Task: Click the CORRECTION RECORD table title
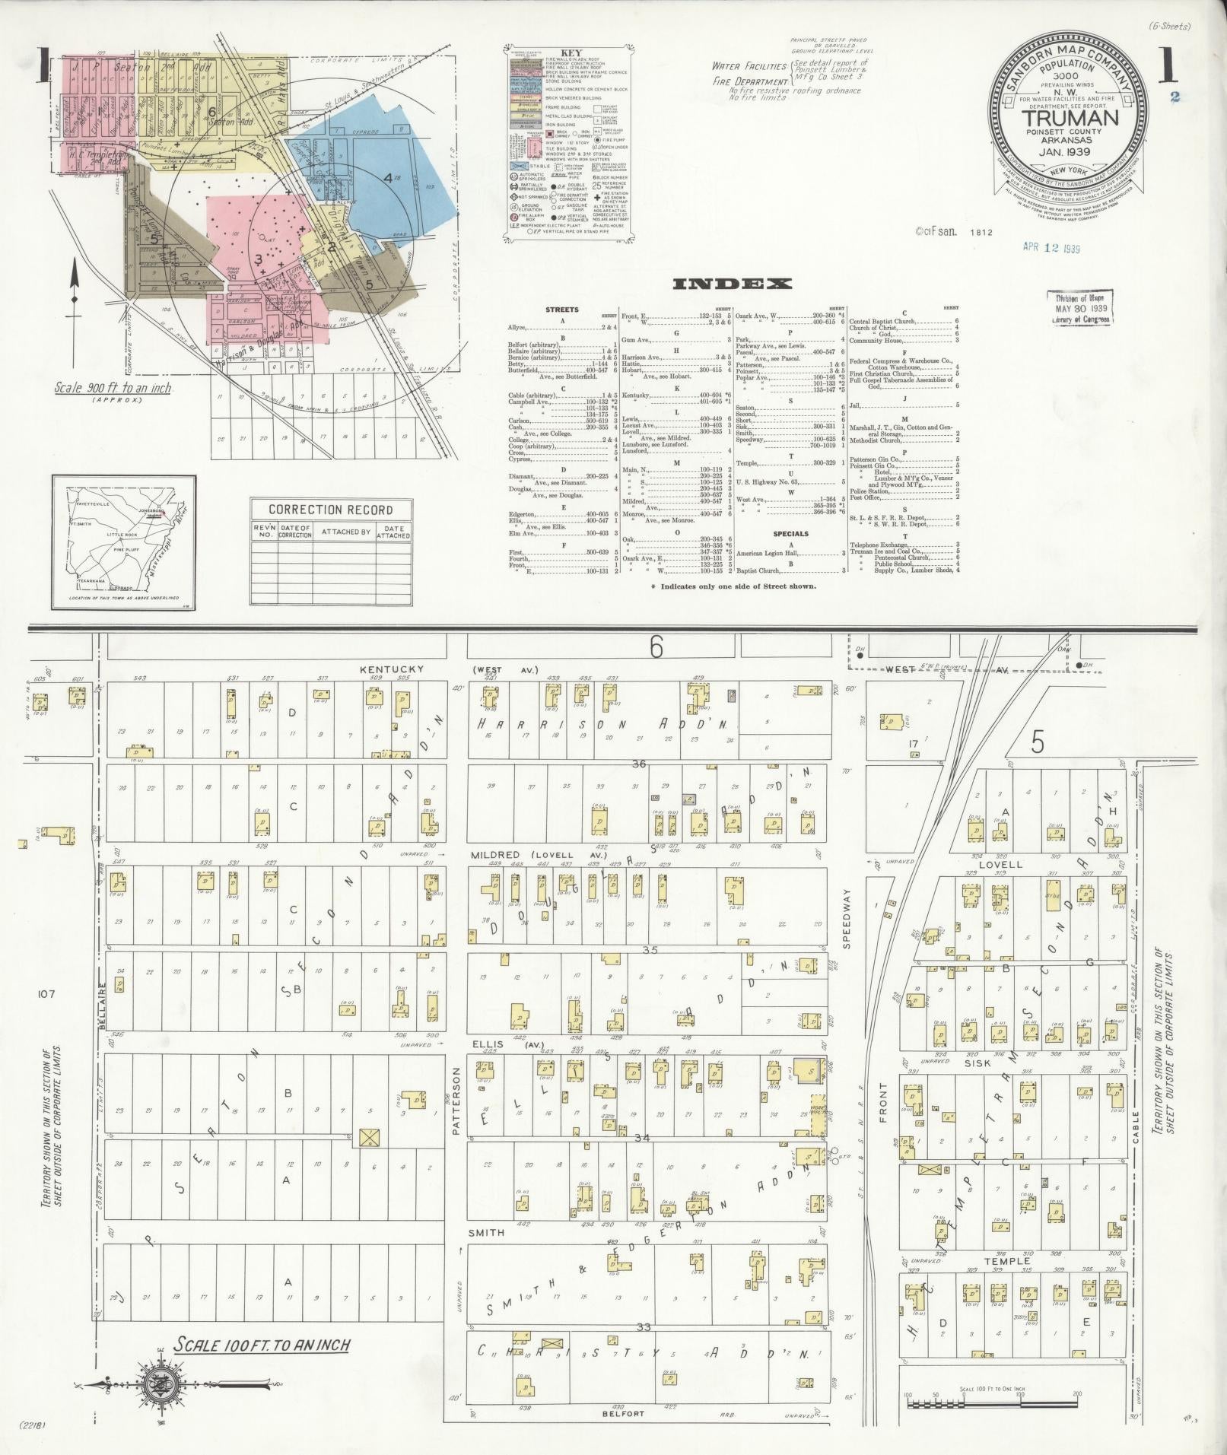[x=330, y=510]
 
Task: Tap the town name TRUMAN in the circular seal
[x=1070, y=118]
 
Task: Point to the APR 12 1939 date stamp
[x=1052, y=247]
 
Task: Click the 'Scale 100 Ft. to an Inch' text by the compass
[x=261, y=1345]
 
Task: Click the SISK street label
[x=977, y=1063]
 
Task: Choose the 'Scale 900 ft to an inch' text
[x=113, y=389]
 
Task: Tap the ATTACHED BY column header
[x=344, y=532]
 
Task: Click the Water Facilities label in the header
[x=744, y=66]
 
